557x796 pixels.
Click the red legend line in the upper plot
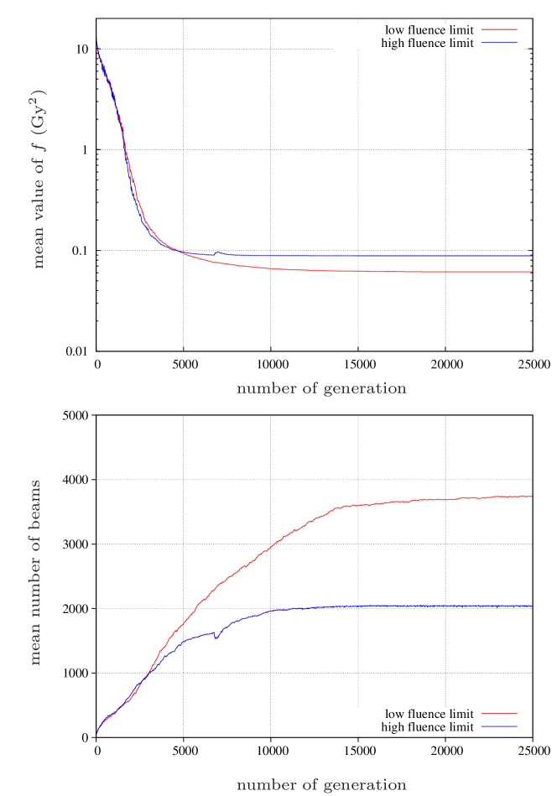[x=499, y=29]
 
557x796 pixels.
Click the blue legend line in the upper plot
[x=499, y=42]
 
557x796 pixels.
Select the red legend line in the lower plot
[x=499, y=713]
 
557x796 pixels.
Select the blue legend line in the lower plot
[x=499, y=726]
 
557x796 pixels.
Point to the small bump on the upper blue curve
[x=218, y=252]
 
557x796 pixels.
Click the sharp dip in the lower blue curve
[x=216, y=638]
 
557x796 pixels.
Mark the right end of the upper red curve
[x=532, y=272]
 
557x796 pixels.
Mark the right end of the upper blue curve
[x=532, y=255]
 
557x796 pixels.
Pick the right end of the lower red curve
[x=532, y=497]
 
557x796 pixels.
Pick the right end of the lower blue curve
[x=532, y=606]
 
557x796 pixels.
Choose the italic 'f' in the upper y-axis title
[x=38, y=150]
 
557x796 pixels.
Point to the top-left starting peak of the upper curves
[x=97, y=40]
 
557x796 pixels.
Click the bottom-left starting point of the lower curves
[x=97, y=732]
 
